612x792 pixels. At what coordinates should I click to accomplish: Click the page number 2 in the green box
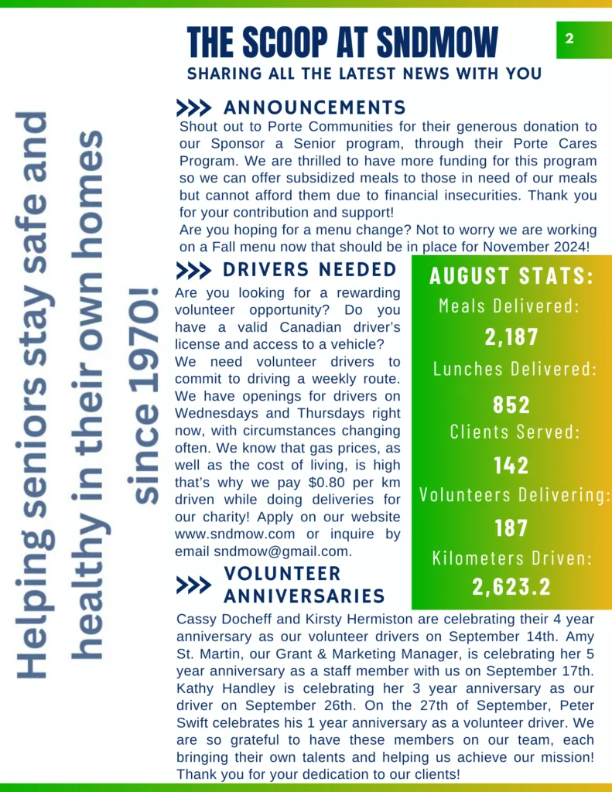coord(569,39)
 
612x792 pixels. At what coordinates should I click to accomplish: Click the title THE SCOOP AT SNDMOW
coord(343,42)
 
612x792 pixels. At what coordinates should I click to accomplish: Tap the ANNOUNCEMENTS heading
coord(314,108)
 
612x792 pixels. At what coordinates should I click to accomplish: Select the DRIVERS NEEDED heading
coord(309,270)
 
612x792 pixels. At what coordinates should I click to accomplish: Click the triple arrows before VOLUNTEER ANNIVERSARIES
coord(193,585)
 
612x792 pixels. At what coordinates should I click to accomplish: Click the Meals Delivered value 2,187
coord(511,337)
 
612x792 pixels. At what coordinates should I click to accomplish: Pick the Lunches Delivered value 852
coord(511,405)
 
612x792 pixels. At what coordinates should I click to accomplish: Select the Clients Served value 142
coord(511,465)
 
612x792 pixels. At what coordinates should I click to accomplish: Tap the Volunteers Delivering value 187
coord(511,528)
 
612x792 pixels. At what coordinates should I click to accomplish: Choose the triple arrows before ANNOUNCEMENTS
coord(193,108)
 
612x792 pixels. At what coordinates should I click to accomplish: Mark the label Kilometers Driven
coord(511,558)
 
